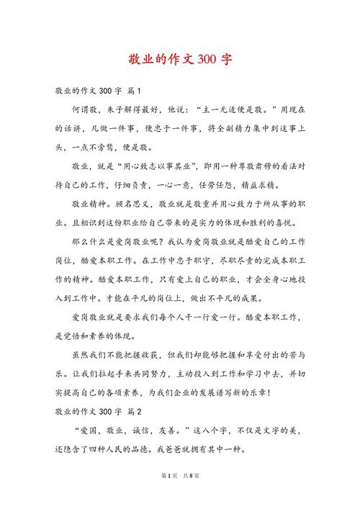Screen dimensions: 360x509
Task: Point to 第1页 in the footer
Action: (164, 496)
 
